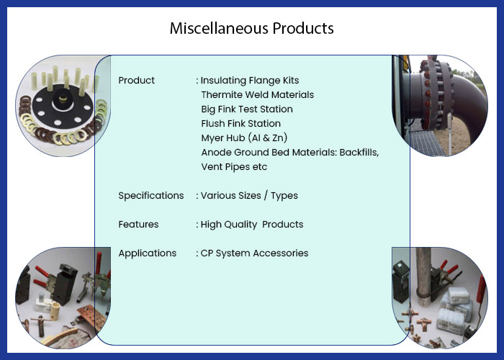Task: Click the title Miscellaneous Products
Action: click(x=252, y=28)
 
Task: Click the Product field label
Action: click(x=136, y=81)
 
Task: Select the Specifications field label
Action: click(x=151, y=195)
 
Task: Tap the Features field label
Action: click(x=138, y=225)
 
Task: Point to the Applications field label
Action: click(x=147, y=253)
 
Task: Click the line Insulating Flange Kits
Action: click(x=250, y=81)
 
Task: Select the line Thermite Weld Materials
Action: click(x=258, y=95)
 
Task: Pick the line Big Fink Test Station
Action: click(x=247, y=109)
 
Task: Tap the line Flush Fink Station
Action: click(x=240, y=123)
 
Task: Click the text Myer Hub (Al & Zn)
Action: click(x=244, y=138)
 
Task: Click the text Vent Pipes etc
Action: click(x=234, y=167)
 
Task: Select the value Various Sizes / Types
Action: click(x=249, y=195)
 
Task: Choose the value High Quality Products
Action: click(x=252, y=225)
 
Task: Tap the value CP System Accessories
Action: click(x=254, y=253)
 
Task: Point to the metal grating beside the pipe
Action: click(x=424, y=142)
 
